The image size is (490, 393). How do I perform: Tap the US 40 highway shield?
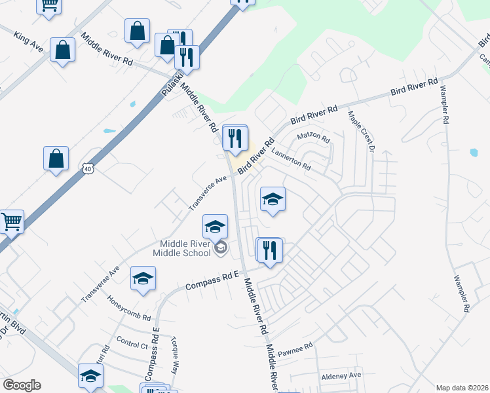(88, 168)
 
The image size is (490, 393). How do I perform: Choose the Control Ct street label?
(131, 344)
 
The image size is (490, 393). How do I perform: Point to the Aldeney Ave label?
(341, 375)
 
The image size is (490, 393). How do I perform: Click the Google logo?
(22, 385)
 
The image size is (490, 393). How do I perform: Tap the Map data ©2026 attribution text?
(462, 388)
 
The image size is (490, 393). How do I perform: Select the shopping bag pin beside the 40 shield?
(56, 158)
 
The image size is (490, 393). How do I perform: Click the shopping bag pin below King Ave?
(62, 50)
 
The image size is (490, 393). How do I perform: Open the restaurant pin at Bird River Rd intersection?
(235, 138)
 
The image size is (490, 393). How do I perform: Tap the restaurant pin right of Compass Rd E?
(269, 250)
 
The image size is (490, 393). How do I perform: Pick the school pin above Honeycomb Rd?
(143, 279)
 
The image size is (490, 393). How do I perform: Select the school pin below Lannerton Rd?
(273, 200)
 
